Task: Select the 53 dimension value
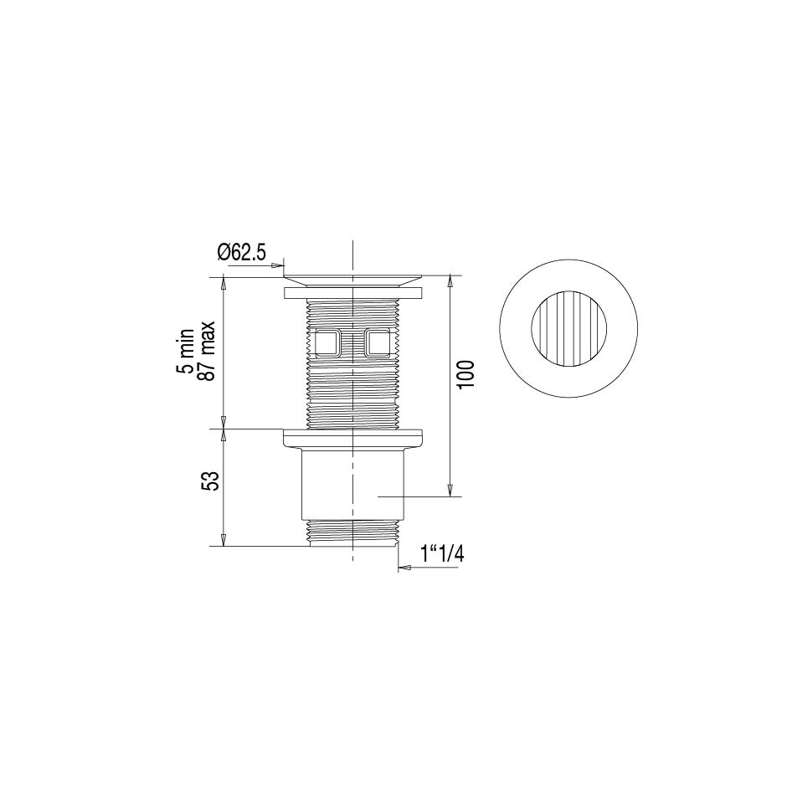click(x=212, y=481)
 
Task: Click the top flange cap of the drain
click(x=353, y=277)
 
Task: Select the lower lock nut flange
click(x=353, y=437)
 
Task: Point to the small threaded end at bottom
click(x=353, y=532)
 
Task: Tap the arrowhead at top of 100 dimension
click(x=451, y=281)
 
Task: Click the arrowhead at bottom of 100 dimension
click(x=451, y=490)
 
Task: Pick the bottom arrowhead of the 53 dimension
click(x=223, y=541)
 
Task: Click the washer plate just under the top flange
click(x=353, y=293)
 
